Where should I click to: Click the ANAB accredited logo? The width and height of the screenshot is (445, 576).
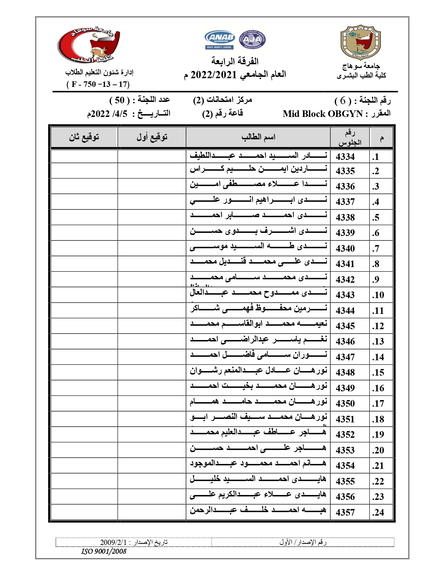point(220,40)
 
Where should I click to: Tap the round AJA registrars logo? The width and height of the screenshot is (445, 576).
point(252,40)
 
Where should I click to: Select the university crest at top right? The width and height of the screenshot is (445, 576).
point(361,42)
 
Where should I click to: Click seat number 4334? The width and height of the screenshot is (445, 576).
point(345,157)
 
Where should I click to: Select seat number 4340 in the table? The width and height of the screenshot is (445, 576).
point(345,249)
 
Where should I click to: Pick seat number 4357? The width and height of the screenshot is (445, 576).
point(345,512)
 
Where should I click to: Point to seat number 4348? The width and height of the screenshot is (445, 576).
point(345,372)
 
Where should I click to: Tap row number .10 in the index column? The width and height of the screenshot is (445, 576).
point(378,295)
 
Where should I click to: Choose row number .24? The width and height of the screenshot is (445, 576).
point(378,512)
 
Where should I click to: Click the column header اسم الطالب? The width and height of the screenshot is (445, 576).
point(258,137)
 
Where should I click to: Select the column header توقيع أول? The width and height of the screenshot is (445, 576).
point(152,137)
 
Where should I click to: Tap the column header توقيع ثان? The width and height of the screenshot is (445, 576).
point(84,137)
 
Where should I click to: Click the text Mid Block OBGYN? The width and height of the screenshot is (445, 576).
point(323,114)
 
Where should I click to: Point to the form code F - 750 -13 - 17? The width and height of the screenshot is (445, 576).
point(98,84)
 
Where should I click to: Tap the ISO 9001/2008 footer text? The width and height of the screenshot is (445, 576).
point(104,551)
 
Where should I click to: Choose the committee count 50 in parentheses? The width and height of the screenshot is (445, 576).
point(120,101)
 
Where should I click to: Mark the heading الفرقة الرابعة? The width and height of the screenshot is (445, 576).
point(235,61)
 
